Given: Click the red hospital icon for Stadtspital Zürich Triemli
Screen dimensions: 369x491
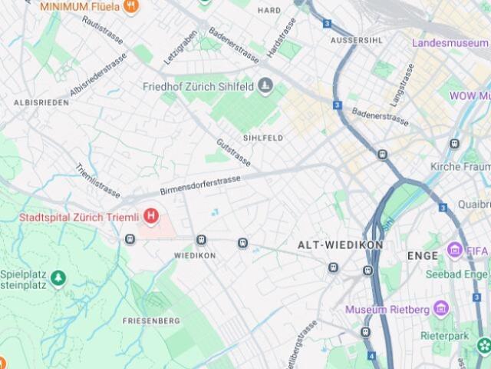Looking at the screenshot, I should tap(151, 217).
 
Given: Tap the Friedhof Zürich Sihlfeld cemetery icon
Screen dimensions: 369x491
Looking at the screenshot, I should tap(265, 85).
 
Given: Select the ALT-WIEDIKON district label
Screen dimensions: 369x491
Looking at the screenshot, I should tap(340, 244).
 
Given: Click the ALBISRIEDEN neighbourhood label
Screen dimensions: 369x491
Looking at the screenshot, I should tap(36, 101).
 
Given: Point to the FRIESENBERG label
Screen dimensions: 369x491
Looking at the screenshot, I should tap(151, 320).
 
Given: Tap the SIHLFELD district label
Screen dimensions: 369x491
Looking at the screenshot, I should tap(263, 138).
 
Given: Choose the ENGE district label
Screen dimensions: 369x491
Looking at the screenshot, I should tap(422, 254).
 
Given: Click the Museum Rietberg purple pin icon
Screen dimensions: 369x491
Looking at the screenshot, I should tap(440, 309).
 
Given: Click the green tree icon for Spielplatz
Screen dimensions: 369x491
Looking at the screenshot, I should tap(59, 278).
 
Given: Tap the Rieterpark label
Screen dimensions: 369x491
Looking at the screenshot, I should tap(444, 336).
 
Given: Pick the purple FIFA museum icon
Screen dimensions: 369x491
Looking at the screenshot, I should tap(456, 251).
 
